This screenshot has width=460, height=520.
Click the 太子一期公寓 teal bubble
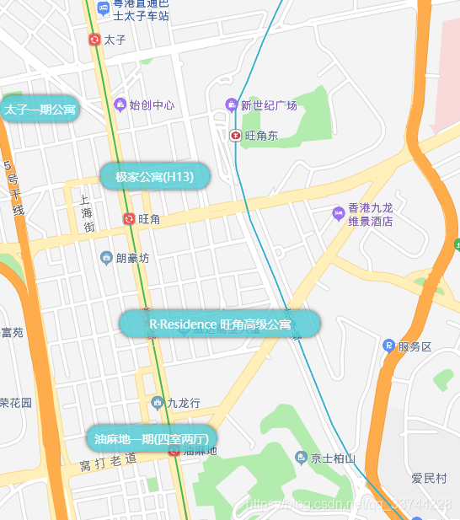[40, 110]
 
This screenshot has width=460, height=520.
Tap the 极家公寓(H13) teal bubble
[154, 177]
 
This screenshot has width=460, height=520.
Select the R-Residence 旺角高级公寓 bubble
[220, 324]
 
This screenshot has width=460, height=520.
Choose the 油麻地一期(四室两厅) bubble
[152, 439]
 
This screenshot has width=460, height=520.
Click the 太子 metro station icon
[94, 40]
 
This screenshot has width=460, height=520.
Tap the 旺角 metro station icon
[129, 219]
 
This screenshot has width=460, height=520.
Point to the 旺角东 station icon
[236, 135]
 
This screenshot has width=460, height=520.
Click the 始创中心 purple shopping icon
[120, 105]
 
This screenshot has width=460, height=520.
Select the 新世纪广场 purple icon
[231, 105]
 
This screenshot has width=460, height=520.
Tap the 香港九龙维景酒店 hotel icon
[339, 210]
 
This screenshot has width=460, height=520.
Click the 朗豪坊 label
[132, 258]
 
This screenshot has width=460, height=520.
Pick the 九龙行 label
[184, 403]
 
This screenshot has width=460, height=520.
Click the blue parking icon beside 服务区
[388, 346]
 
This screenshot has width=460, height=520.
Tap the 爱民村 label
[429, 479]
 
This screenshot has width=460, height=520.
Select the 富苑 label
[12, 333]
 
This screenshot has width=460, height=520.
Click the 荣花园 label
[15, 402]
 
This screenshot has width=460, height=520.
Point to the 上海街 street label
[87, 214]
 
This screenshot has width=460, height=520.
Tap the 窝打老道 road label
[108, 462]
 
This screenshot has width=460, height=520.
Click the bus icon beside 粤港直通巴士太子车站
[103, 8]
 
